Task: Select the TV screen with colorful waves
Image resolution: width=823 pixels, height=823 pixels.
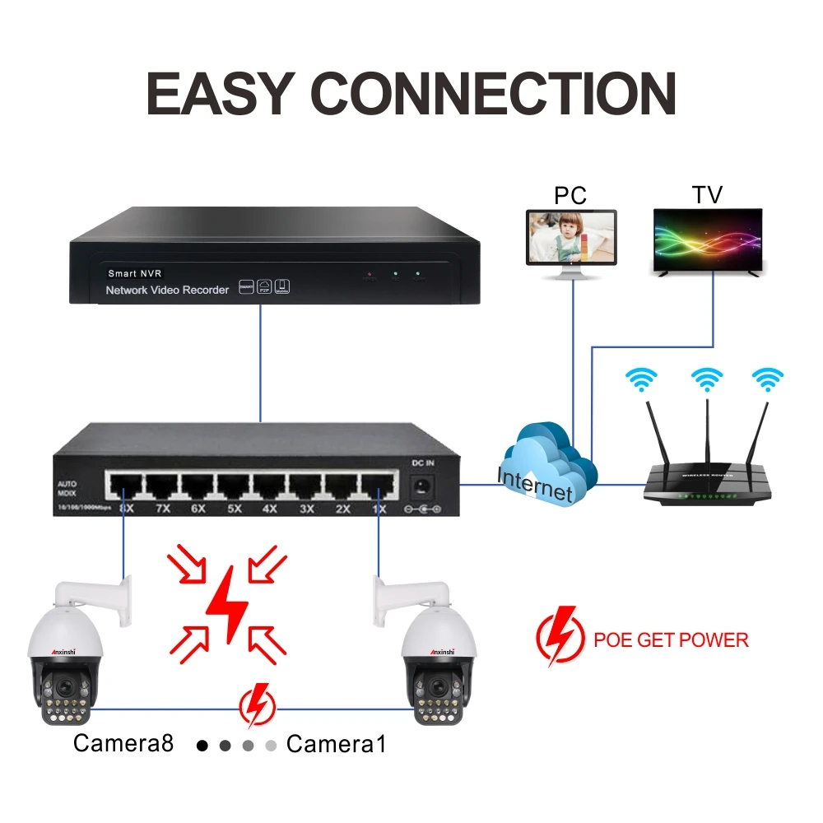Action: (708, 238)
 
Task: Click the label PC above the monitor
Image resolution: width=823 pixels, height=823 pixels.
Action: (570, 195)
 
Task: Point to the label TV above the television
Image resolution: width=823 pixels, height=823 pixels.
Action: (707, 195)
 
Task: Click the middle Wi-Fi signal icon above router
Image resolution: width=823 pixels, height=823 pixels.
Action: (707, 379)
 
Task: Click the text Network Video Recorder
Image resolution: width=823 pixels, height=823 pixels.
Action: (167, 290)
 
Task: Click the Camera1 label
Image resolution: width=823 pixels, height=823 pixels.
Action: (336, 744)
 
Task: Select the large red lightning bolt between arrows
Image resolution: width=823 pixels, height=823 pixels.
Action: (227, 605)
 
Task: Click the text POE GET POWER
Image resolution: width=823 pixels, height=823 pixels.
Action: (671, 639)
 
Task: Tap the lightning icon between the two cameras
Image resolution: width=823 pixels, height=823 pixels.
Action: (258, 705)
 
